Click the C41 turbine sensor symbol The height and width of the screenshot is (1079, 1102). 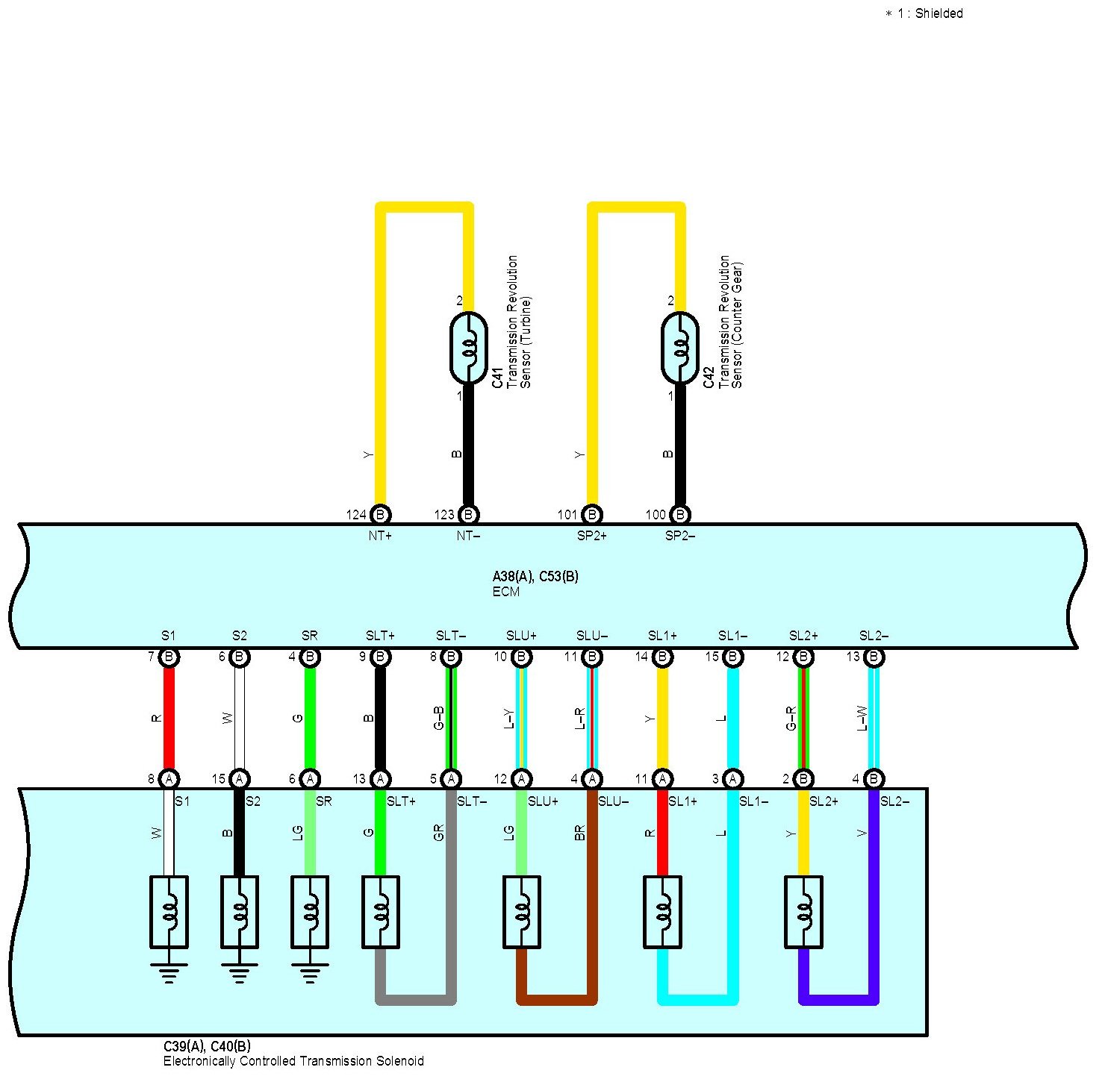469,348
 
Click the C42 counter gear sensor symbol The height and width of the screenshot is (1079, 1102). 680,348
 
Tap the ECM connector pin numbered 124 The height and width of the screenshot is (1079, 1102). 380,514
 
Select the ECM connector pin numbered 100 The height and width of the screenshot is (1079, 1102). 680,514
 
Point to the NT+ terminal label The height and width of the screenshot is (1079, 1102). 380,536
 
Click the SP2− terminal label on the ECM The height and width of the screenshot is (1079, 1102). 680,536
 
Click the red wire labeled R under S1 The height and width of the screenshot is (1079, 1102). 169,718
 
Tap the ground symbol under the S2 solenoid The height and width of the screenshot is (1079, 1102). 239,973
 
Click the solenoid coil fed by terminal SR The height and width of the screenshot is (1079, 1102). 310,911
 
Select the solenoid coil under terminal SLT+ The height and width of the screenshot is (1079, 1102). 380,911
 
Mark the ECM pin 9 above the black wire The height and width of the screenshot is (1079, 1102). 380,657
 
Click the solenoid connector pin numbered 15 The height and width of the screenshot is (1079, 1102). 239,779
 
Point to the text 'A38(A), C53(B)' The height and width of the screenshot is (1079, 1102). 535,576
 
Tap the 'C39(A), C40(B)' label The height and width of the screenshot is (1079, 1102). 208,1046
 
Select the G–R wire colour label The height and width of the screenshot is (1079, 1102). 791,718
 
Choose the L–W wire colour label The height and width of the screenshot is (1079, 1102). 862,718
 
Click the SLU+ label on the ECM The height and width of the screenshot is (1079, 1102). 521,636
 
